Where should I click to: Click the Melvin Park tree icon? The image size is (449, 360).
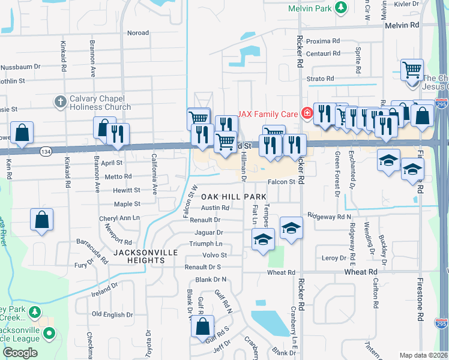341,8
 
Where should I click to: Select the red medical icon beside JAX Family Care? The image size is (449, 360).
307,112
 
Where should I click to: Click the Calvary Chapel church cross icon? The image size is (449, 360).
59,102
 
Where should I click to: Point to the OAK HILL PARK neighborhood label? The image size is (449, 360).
233,197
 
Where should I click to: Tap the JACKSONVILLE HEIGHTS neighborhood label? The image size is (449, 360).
146,256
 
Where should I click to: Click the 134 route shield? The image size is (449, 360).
46,151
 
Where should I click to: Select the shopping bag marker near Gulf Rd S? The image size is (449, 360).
203,327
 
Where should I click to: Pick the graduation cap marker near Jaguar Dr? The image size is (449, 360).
262,240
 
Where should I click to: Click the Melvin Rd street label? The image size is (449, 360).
402,25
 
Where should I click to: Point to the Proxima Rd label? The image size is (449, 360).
323,41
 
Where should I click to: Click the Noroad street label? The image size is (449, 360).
138,33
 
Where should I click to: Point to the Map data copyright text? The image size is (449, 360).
424,355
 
